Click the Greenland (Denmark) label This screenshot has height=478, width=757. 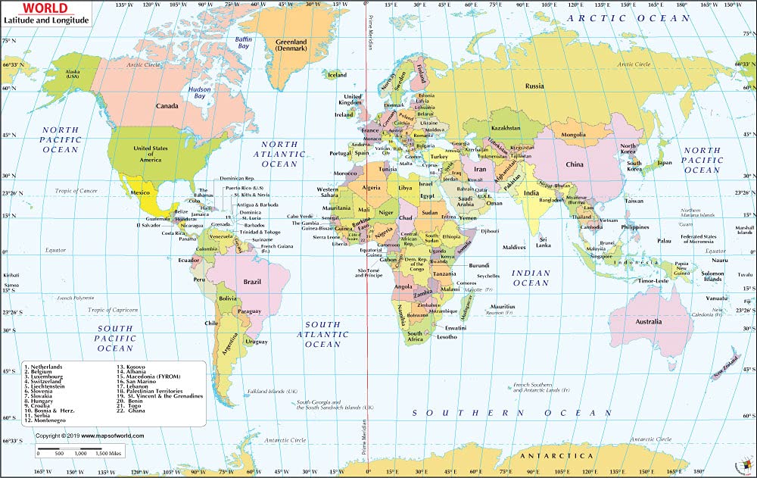[291, 45]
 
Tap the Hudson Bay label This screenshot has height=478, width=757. [200, 92]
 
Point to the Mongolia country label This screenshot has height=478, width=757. [573, 135]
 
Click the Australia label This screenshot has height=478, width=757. [648, 321]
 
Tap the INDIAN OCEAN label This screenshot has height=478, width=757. [531, 278]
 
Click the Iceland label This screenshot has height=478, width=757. [336, 75]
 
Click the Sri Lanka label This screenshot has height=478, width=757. [543, 242]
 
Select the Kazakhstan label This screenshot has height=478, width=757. [506, 128]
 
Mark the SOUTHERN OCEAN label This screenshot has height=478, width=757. [512, 413]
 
